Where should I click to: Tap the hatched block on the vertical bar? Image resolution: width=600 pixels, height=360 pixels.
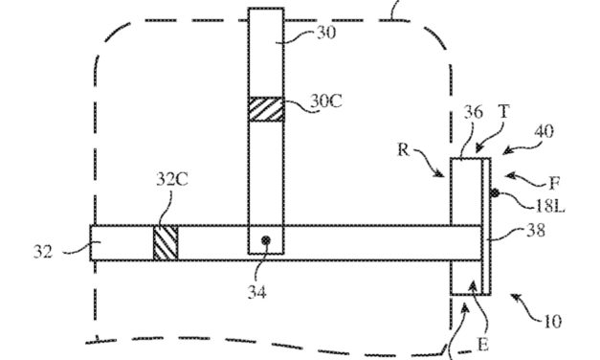[267, 108]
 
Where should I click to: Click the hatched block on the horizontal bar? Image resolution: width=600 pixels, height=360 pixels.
[166, 241]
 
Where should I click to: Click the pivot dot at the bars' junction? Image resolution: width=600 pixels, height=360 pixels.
[267, 238]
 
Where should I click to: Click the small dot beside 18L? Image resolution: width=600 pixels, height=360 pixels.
[495, 193]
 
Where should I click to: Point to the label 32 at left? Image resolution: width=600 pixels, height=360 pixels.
[43, 251]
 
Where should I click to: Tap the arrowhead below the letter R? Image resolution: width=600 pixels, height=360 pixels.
[441, 174]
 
